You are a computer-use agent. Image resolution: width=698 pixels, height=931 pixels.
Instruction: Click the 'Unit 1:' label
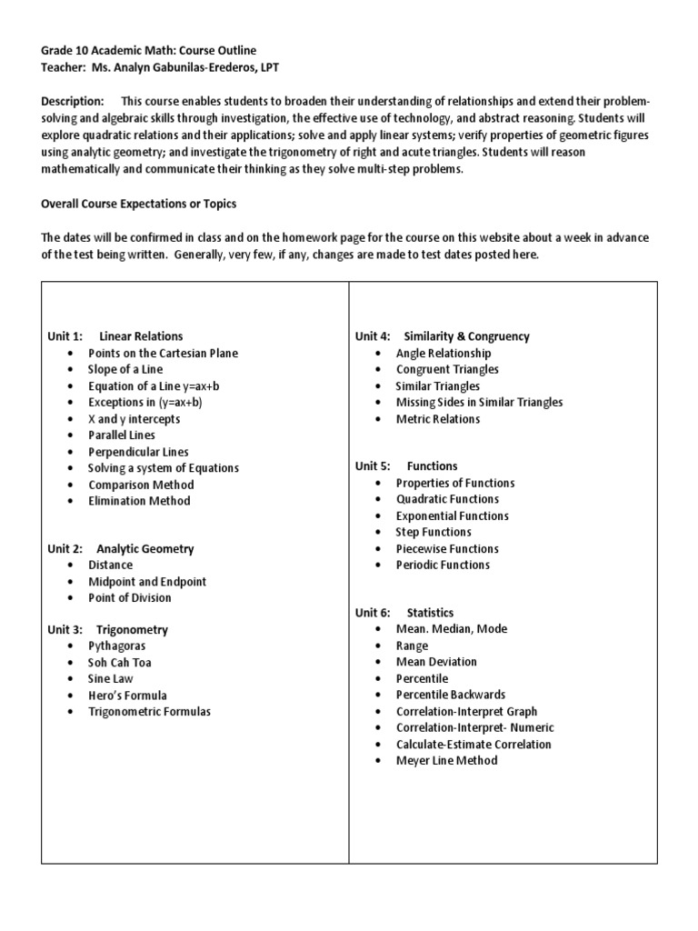coord(65,336)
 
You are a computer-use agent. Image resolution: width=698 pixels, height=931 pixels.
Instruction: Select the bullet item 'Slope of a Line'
coord(127,369)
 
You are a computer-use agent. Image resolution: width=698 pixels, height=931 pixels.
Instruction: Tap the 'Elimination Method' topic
coord(139,501)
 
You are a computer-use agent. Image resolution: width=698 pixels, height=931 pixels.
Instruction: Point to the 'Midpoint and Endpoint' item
coord(146,582)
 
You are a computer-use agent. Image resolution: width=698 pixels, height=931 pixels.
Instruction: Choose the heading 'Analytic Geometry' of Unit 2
coord(145,549)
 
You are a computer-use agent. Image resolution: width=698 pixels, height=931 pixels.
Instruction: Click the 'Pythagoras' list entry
coord(116,646)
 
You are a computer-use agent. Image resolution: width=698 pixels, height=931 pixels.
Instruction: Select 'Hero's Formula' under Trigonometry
coord(127,696)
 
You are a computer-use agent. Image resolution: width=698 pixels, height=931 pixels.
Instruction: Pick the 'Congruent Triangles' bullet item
coord(447,369)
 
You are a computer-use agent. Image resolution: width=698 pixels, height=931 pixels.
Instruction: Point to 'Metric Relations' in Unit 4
coord(438,419)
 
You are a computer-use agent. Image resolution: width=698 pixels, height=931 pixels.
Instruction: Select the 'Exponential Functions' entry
coord(452,516)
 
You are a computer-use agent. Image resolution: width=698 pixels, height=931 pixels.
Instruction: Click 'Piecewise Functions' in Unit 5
coord(447,549)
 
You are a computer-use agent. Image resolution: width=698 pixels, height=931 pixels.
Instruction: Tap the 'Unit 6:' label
coord(373,613)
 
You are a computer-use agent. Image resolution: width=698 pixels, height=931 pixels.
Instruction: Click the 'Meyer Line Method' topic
coord(446,760)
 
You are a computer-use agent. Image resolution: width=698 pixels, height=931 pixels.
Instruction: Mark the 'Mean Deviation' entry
coord(436,662)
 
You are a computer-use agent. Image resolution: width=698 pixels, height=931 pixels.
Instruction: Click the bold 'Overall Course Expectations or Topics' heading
coord(139,205)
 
